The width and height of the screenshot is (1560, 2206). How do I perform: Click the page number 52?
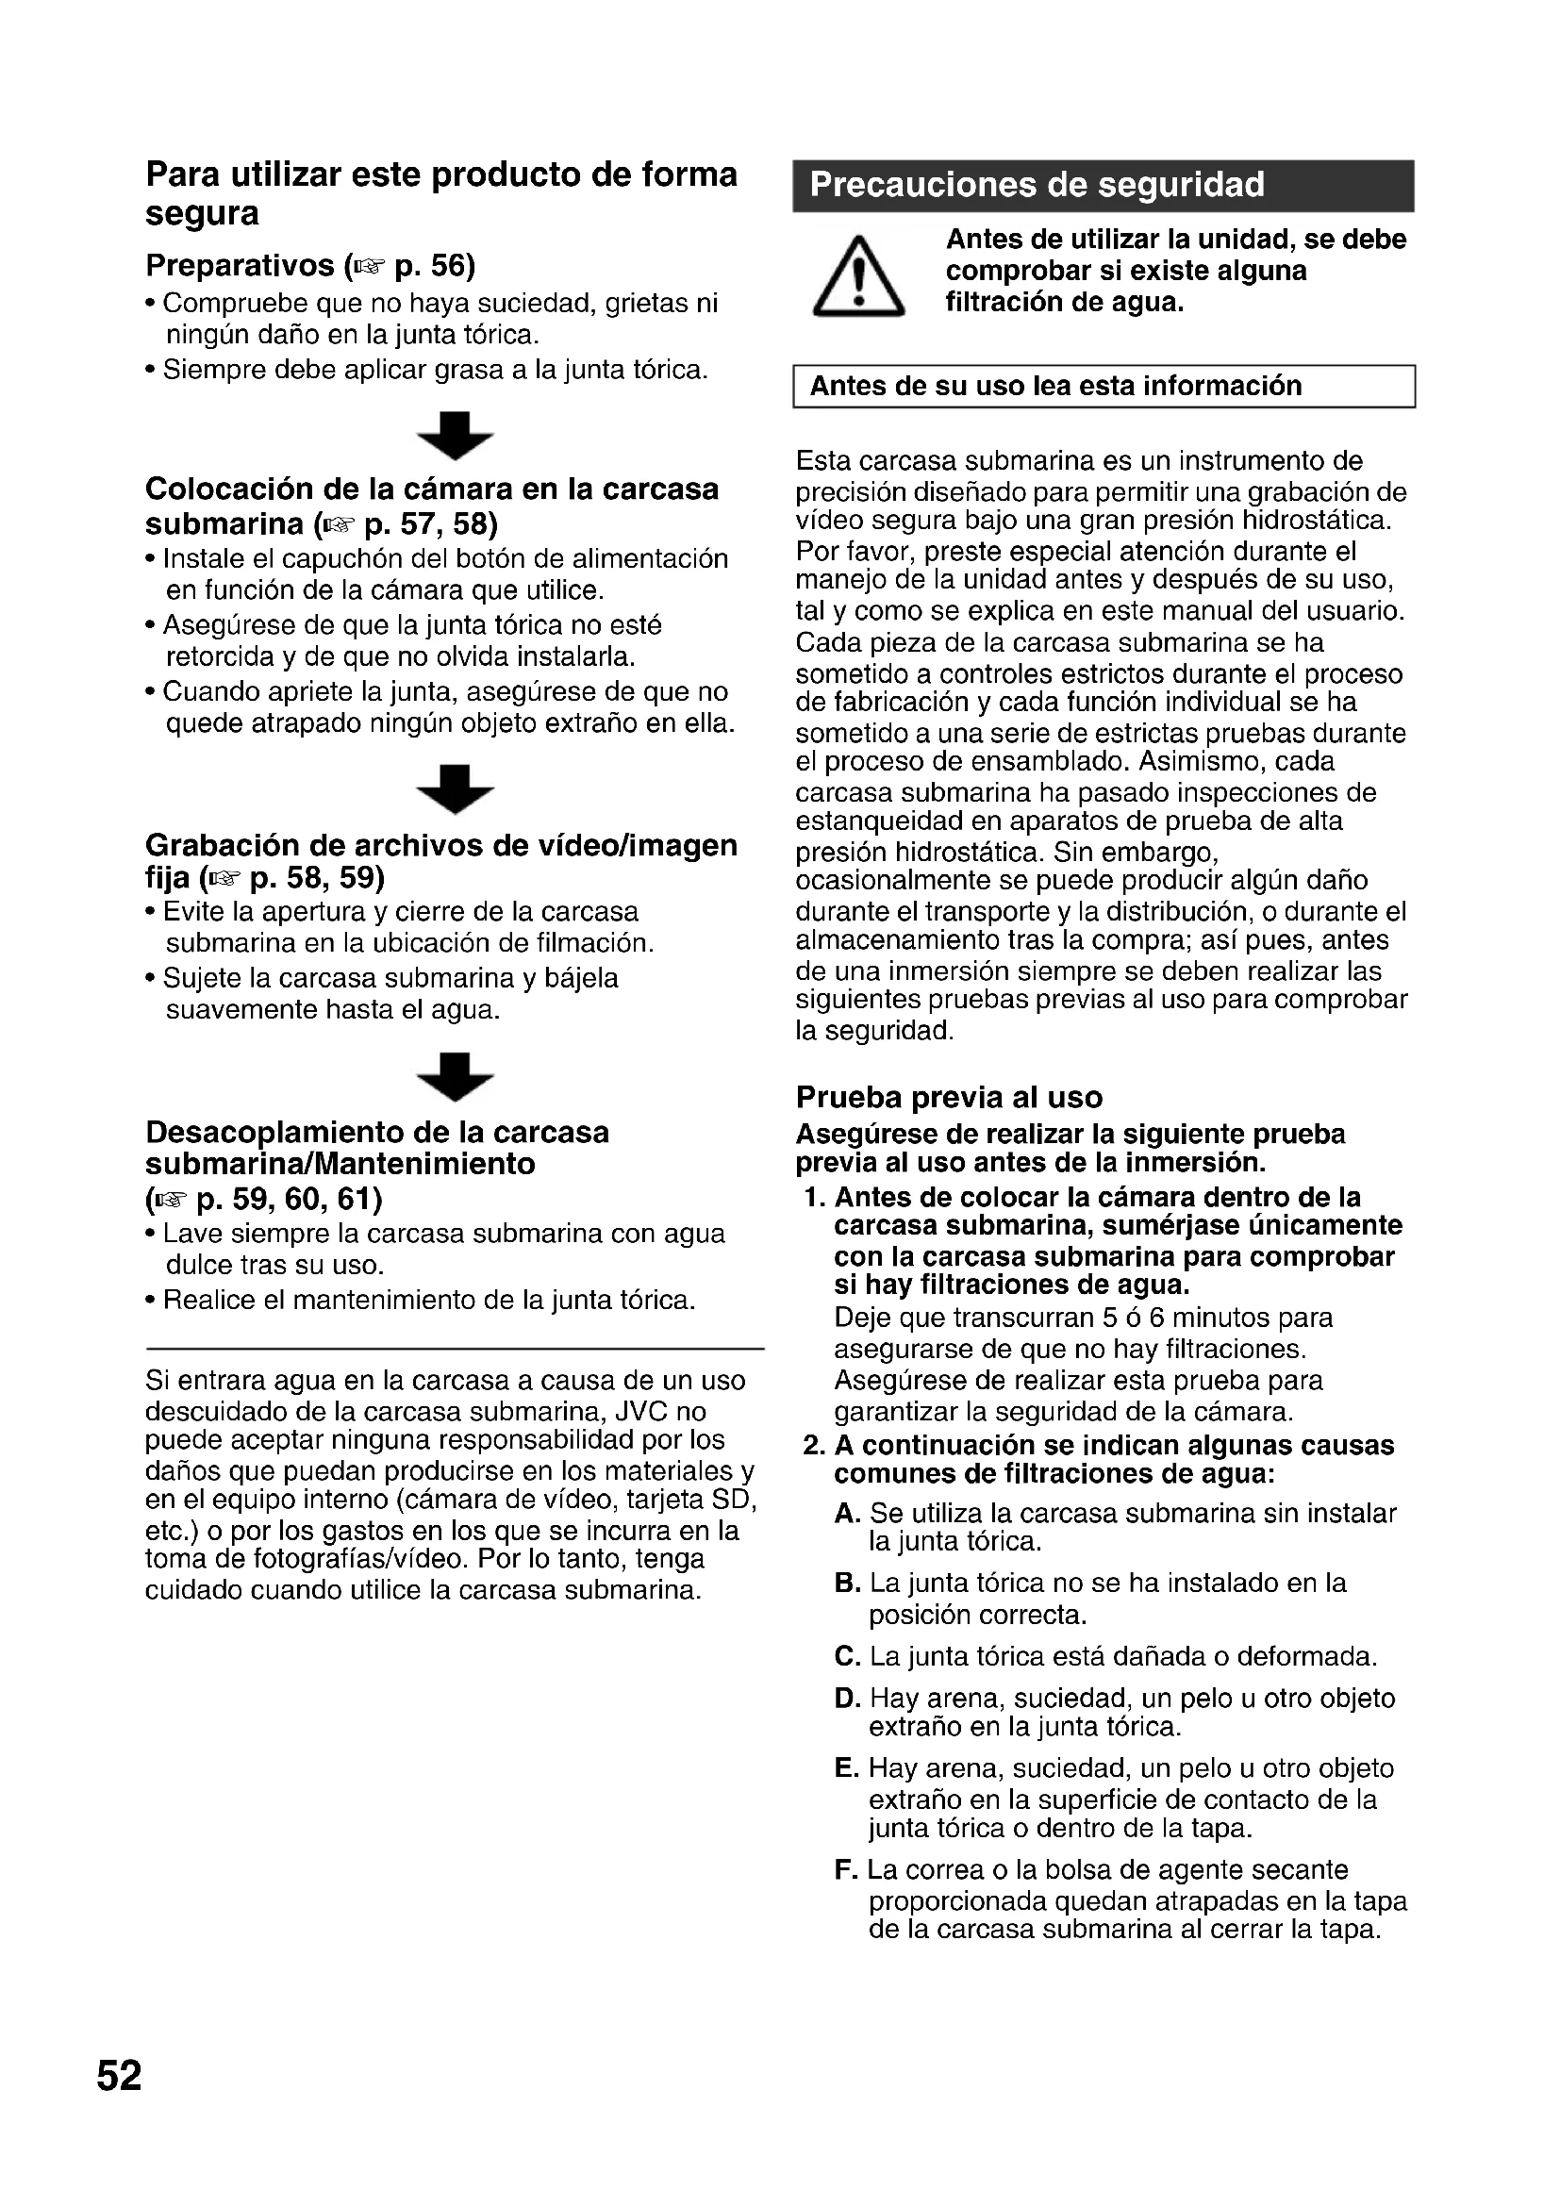pos(119,2075)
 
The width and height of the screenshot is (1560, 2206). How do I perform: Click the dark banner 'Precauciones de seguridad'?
pos(1103,186)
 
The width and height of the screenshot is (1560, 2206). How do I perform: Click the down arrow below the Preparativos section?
pos(456,434)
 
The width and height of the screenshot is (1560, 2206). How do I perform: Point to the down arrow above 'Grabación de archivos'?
pos(456,788)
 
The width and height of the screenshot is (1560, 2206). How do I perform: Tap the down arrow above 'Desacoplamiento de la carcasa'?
pos(456,1076)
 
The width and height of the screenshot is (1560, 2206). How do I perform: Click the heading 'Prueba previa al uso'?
pos(949,1097)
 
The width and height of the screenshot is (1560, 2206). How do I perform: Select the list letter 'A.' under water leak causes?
pos(847,1513)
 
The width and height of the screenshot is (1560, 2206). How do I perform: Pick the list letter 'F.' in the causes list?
pos(845,1869)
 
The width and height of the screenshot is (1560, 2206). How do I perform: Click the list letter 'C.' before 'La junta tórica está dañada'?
pos(847,1656)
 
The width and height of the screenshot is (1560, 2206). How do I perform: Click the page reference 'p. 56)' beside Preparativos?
pos(434,265)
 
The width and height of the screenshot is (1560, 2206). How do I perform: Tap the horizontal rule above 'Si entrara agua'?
pos(455,1349)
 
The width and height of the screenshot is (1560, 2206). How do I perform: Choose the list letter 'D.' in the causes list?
pos(847,1699)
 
